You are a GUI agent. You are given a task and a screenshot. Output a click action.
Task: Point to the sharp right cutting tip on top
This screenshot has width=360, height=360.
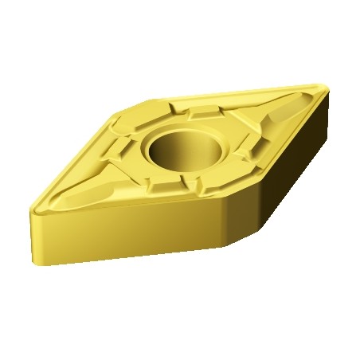pyautogui.click(x=325, y=85)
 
